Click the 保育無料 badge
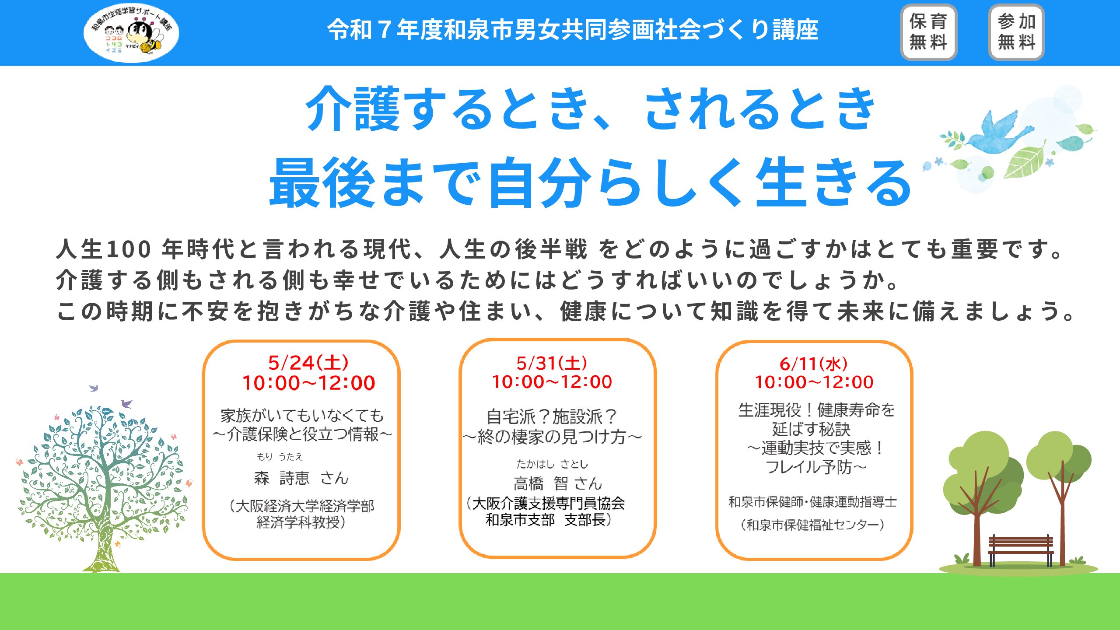(x=928, y=32)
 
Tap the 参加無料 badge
(x=1016, y=32)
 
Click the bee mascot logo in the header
(x=131, y=33)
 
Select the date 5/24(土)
(x=308, y=363)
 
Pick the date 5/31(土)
(x=552, y=363)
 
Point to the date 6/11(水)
(x=814, y=364)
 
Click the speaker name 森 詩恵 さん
(x=301, y=478)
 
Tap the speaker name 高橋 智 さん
(x=558, y=483)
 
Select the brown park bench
(x=1021, y=550)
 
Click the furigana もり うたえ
(x=280, y=457)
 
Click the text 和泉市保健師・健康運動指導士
(x=812, y=502)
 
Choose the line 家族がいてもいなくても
(x=302, y=415)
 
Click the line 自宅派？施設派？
(x=552, y=416)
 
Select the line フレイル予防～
(x=816, y=467)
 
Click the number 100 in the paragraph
(x=129, y=249)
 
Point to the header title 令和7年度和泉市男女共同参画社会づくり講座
(x=573, y=30)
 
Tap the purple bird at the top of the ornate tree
(x=94, y=388)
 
